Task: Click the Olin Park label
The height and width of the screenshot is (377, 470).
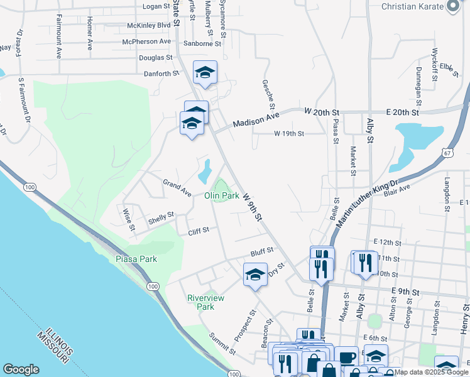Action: pos(222,195)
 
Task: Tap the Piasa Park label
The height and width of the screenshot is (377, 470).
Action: pos(136,259)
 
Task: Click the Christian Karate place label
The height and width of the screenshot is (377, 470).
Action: pos(415,6)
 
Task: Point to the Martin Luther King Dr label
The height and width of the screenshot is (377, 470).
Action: pos(367,202)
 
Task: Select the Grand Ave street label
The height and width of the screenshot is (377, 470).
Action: pos(177,187)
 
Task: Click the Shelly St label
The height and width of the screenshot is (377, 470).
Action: pos(161,218)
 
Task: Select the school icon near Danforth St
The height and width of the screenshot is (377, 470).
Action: pos(205,74)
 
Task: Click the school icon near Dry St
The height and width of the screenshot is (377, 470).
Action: pos(255,275)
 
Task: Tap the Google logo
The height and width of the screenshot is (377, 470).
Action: pos(21,369)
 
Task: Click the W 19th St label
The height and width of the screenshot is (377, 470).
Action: pos(289,134)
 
